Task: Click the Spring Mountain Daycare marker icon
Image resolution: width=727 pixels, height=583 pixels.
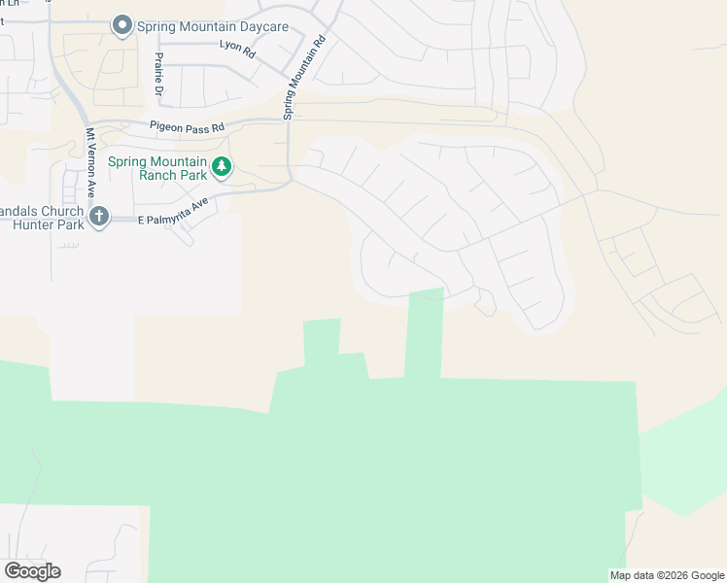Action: tap(121, 26)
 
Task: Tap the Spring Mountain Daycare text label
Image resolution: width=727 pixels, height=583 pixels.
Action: tap(213, 26)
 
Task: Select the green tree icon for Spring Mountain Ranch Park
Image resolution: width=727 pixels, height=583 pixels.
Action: tap(223, 168)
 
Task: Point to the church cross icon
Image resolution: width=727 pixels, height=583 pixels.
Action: tap(98, 218)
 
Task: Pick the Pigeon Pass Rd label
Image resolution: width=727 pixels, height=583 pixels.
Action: tap(187, 126)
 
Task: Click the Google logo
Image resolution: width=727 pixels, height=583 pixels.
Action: tap(32, 571)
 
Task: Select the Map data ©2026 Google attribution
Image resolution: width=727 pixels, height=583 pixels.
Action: tap(666, 575)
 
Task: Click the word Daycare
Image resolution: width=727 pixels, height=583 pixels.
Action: tap(260, 26)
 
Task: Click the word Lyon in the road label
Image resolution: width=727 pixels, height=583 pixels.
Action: tap(229, 46)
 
